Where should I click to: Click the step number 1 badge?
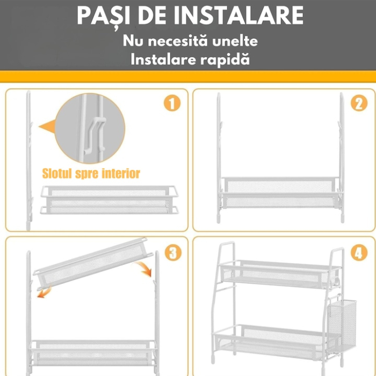point(171,103)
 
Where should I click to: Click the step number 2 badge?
point(359,103)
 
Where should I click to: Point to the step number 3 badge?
point(172,252)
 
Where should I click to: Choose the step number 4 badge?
point(359,252)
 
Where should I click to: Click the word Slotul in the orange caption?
point(60,173)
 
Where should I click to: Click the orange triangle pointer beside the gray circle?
point(47,127)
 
